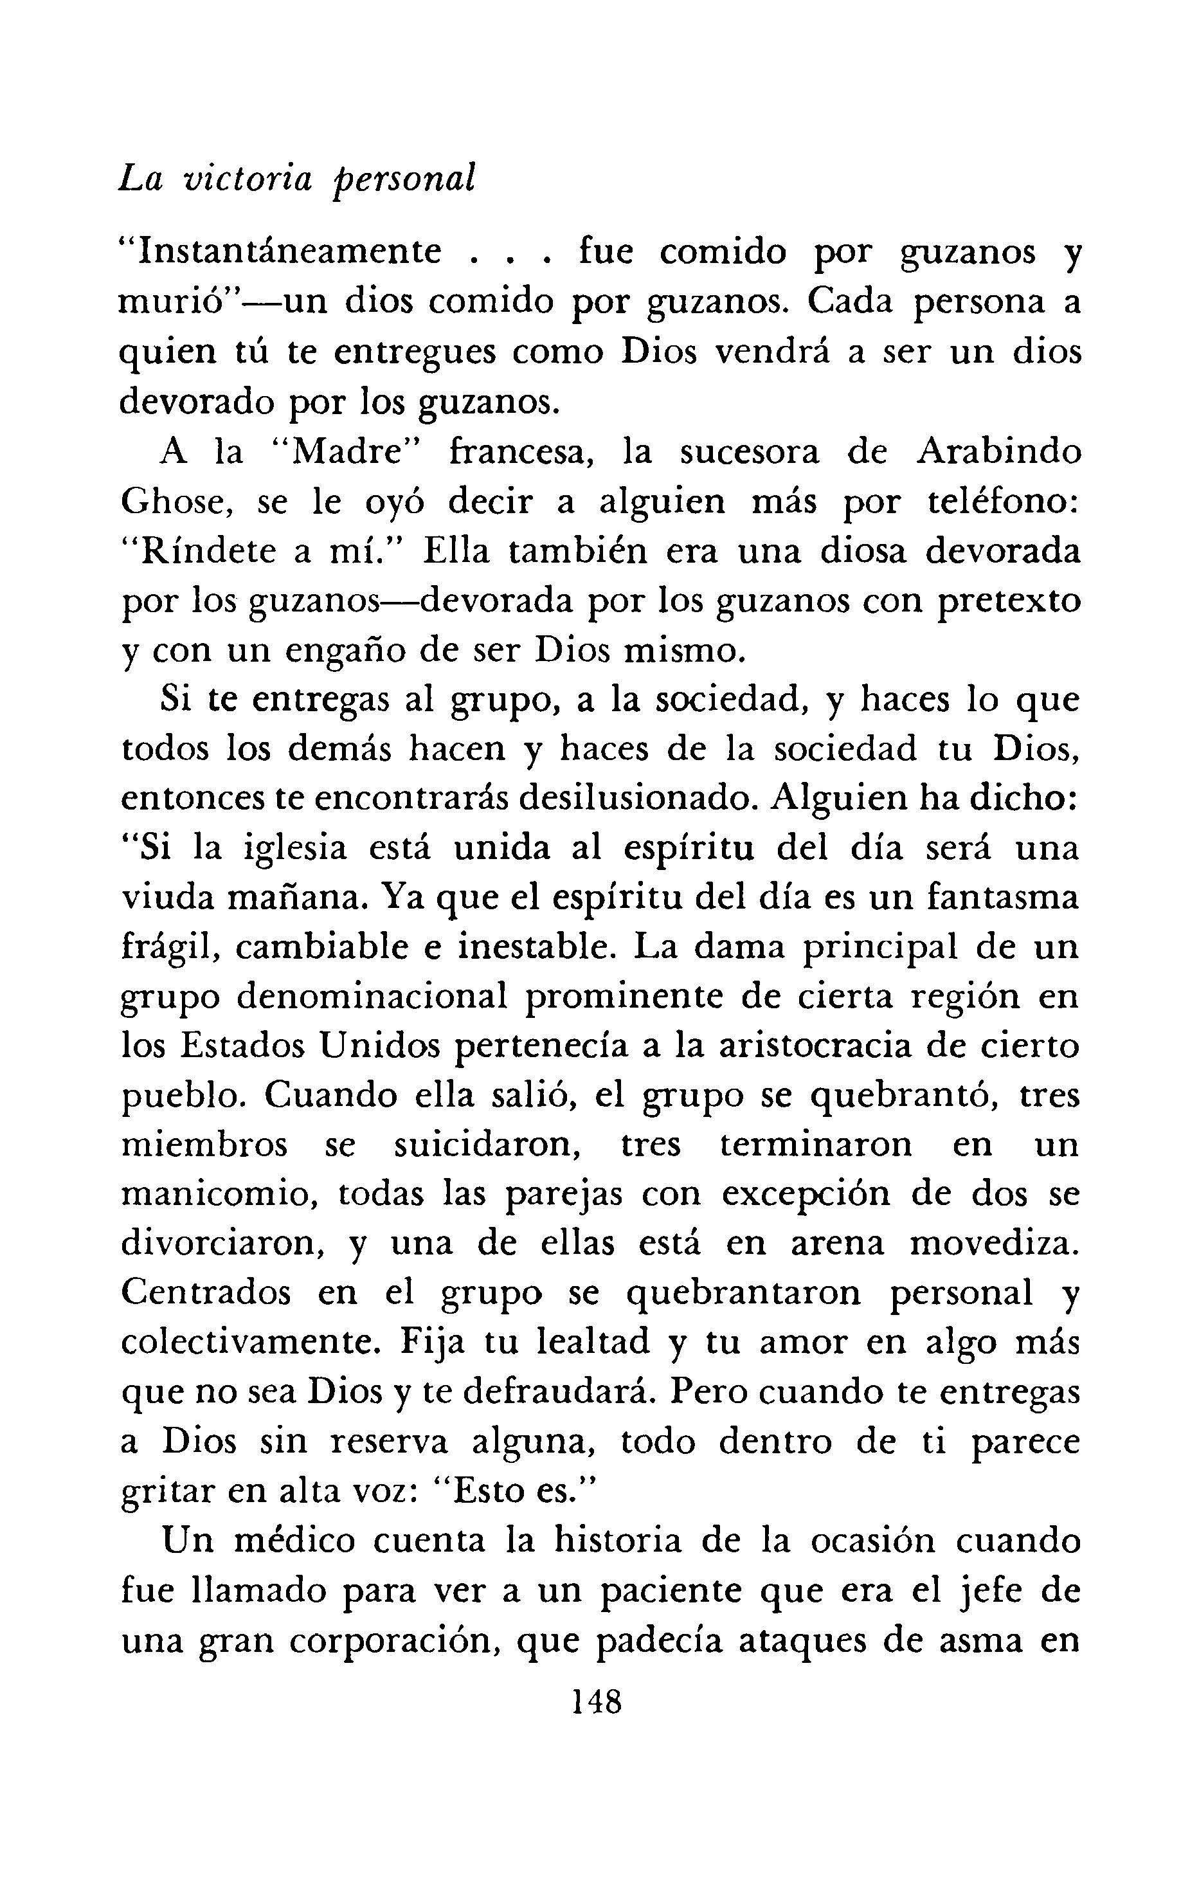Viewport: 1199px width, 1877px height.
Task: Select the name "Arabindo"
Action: pyautogui.click(x=999, y=453)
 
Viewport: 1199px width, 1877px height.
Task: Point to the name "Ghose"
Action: pyautogui.click(x=177, y=503)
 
